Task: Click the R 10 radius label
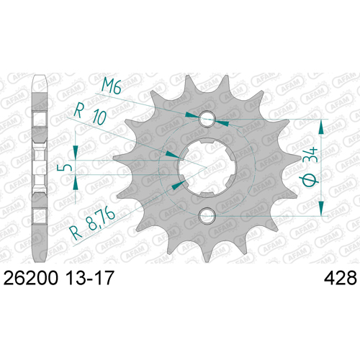(x=90, y=115)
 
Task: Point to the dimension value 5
(x=62, y=167)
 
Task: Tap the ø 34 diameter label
(x=310, y=167)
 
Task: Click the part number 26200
(x=31, y=278)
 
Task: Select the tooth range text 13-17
(x=89, y=278)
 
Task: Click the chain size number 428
(x=341, y=278)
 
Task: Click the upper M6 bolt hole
(x=207, y=119)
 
